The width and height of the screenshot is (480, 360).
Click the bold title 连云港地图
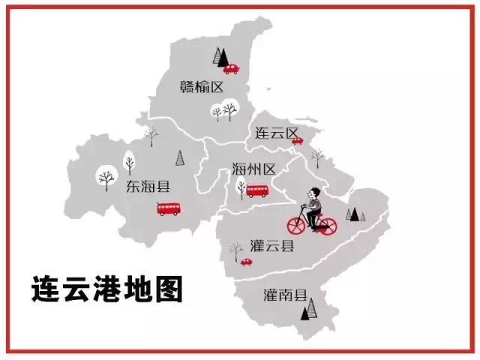(107, 289)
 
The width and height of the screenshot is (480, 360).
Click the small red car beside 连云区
(297, 139)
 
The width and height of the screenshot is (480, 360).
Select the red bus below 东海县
(167, 208)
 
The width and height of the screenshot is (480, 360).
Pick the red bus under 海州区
(258, 191)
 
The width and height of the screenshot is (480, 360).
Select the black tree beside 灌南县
(307, 308)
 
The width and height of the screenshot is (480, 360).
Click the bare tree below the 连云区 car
(316, 157)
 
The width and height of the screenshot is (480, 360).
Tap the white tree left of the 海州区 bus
(241, 188)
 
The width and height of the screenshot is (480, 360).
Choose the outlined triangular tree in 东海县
(179, 157)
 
